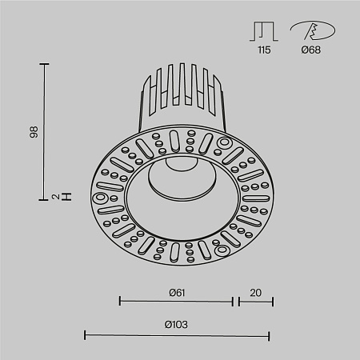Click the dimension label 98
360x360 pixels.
pos(34,131)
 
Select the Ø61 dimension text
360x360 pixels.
pos(178,292)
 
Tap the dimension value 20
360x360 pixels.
pos(255,292)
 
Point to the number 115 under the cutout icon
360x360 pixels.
pos(264,50)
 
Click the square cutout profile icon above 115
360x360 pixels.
pos(264,30)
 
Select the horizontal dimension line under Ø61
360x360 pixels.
pos(176,302)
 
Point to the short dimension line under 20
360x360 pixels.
pos(255,302)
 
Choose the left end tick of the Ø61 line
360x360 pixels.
pos(119,302)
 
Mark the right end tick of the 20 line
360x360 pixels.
pos(273,302)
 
